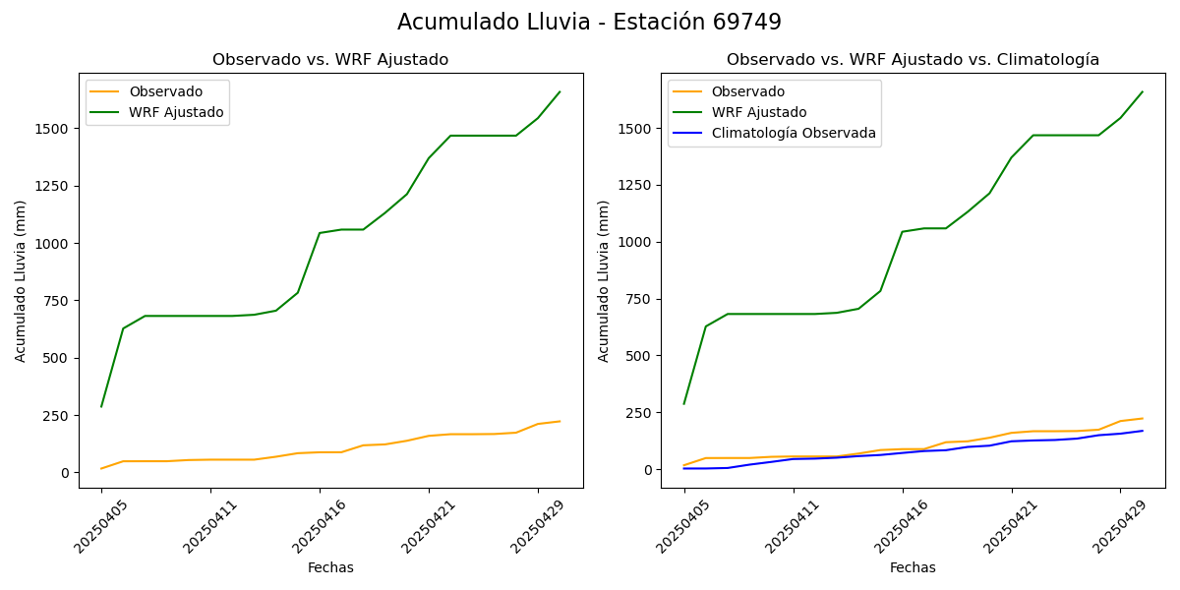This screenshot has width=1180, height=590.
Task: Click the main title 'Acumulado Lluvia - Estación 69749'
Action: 589,23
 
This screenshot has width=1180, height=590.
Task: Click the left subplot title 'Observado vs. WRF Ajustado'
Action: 330,60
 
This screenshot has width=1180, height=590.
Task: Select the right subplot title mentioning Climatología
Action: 913,60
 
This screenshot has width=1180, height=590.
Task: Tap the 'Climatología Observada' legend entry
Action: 793,133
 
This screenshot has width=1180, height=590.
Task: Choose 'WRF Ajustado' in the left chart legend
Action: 176,112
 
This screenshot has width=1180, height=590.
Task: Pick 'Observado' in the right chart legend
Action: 747,91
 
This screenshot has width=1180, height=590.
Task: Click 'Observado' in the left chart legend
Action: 165,91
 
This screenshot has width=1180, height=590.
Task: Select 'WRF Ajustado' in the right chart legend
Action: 758,112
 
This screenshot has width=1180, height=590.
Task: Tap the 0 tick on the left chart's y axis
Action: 65,473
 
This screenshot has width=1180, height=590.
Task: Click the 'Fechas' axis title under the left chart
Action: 330,568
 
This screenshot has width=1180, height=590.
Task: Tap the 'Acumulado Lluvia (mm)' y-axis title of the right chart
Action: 604,280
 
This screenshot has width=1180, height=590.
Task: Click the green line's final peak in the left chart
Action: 560,92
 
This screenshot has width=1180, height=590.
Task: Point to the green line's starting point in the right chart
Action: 684,403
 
